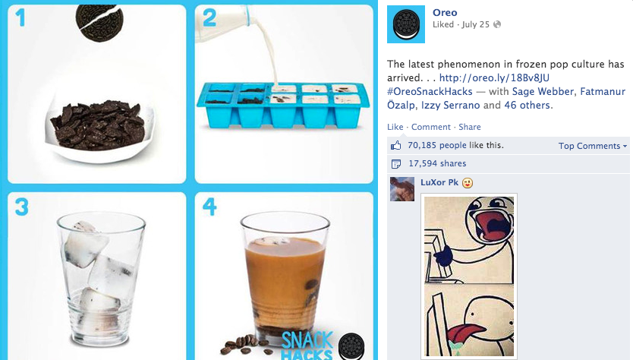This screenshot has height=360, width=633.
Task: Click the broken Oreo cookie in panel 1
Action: pyautogui.click(x=99, y=22)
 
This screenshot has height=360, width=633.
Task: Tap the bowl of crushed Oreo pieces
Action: pyautogui.click(x=99, y=128)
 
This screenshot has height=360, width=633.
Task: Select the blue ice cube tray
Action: pyautogui.click(x=283, y=105)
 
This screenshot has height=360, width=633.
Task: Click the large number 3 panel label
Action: pyautogui.click(x=22, y=207)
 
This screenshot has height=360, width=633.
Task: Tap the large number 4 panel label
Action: pyautogui.click(x=209, y=207)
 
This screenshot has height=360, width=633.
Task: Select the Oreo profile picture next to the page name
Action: pyautogui.click(x=406, y=24)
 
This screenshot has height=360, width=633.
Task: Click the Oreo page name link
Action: pyautogui.click(x=445, y=12)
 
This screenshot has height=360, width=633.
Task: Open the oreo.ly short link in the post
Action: pyautogui.click(x=494, y=77)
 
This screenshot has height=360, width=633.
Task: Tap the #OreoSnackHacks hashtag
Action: pyautogui.click(x=430, y=91)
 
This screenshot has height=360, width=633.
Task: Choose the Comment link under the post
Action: pyautogui.click(x=431, y=127)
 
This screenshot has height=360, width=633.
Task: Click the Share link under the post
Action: pyautogui.click(x=470, y=127)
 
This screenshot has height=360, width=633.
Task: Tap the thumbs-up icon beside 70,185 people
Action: pyautogui.click(x=396, y=146)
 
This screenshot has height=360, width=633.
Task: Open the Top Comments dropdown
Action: pyautogui.click(x=593, y=146)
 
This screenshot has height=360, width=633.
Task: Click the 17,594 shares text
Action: pyautogui.click(x=437, y=163)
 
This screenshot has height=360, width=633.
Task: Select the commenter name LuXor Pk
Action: pyautogui.click(x=439, y=182)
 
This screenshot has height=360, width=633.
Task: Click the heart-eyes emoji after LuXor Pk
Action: pyautogui.click(x=468, y=183)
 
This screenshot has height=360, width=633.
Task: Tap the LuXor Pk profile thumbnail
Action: pyautogui.click(x=402, y=189)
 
